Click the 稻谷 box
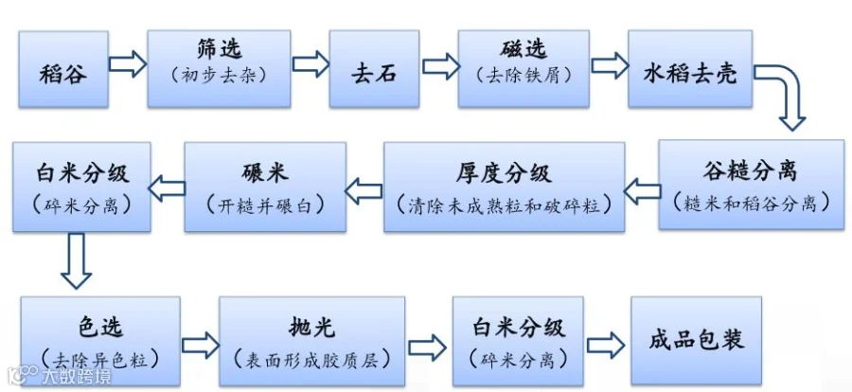63,69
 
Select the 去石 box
374,69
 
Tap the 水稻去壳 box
690,69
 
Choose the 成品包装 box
696,342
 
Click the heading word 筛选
219,50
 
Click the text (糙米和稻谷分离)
752,203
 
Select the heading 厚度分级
504,173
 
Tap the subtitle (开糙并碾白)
265,205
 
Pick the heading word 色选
100,327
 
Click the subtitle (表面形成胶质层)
311,359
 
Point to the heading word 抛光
311,328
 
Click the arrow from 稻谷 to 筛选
128,64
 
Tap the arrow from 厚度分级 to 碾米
364,192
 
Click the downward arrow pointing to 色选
77,261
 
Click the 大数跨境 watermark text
76,376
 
